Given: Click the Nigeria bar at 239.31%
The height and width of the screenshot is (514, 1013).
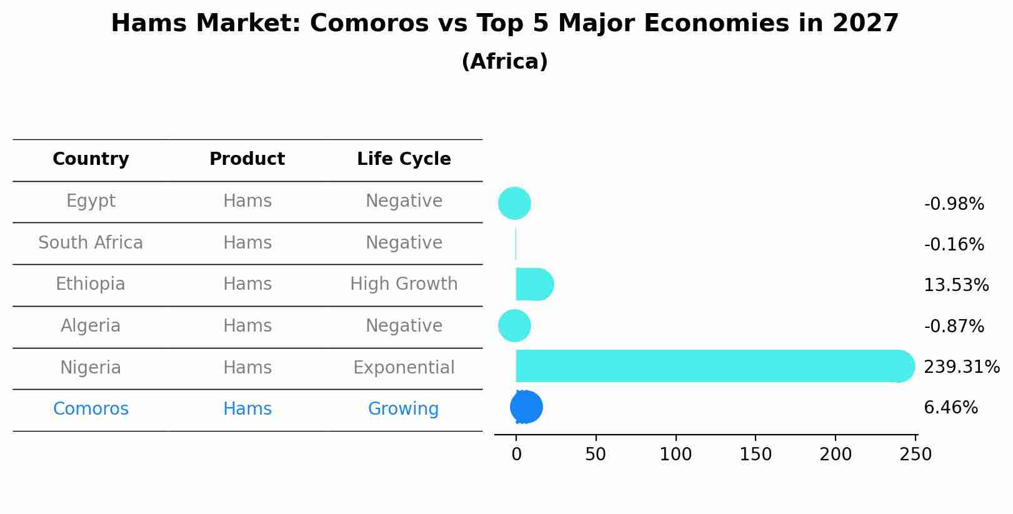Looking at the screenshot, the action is [715, 366].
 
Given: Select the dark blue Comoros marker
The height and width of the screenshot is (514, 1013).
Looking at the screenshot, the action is [526, 407].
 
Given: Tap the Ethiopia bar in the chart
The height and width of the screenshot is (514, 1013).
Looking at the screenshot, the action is [534, 284].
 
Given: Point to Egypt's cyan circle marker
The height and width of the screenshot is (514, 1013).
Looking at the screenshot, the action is [515, 203].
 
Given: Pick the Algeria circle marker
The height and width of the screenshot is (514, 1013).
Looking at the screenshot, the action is [515, 325].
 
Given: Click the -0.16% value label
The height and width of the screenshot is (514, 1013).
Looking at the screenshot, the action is [954, 245].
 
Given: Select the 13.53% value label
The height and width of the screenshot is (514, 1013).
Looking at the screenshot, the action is [957, 285].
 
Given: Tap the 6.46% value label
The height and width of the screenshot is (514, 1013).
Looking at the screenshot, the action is [951, 407].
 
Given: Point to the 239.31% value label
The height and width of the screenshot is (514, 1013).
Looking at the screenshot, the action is [962, 367].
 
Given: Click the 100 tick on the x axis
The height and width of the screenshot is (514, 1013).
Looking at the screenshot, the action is [676, 454].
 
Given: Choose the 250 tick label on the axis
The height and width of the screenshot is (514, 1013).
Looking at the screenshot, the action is [916, 454].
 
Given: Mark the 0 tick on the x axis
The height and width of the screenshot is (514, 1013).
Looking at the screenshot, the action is [516, 454].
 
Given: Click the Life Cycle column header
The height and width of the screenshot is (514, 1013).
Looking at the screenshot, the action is [404, 159].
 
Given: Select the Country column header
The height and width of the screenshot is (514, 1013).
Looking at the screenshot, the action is [91, 159].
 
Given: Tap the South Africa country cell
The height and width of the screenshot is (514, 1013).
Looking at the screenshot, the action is [91, 242].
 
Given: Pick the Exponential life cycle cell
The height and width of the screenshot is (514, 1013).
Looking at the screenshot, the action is [404, 367].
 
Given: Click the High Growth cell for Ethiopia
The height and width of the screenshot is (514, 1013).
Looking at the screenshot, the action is [404, 284].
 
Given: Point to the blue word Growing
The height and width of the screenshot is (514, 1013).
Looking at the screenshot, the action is [404, 408].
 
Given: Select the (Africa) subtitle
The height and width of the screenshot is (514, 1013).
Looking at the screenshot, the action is [505, 61].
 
